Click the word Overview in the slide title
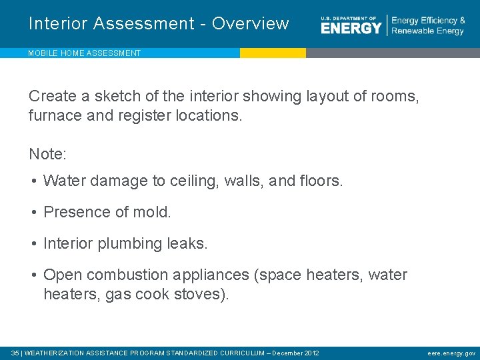pos(251,23)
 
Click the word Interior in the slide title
pos(59,23)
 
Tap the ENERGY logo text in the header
pos(351,27)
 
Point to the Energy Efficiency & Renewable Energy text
pos(428,26)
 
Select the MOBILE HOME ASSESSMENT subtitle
pos(84,53)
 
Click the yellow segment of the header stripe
pos(273,53)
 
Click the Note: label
pos(47,154)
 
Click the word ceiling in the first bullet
pos(193,181)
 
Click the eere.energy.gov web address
pos(451,353)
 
